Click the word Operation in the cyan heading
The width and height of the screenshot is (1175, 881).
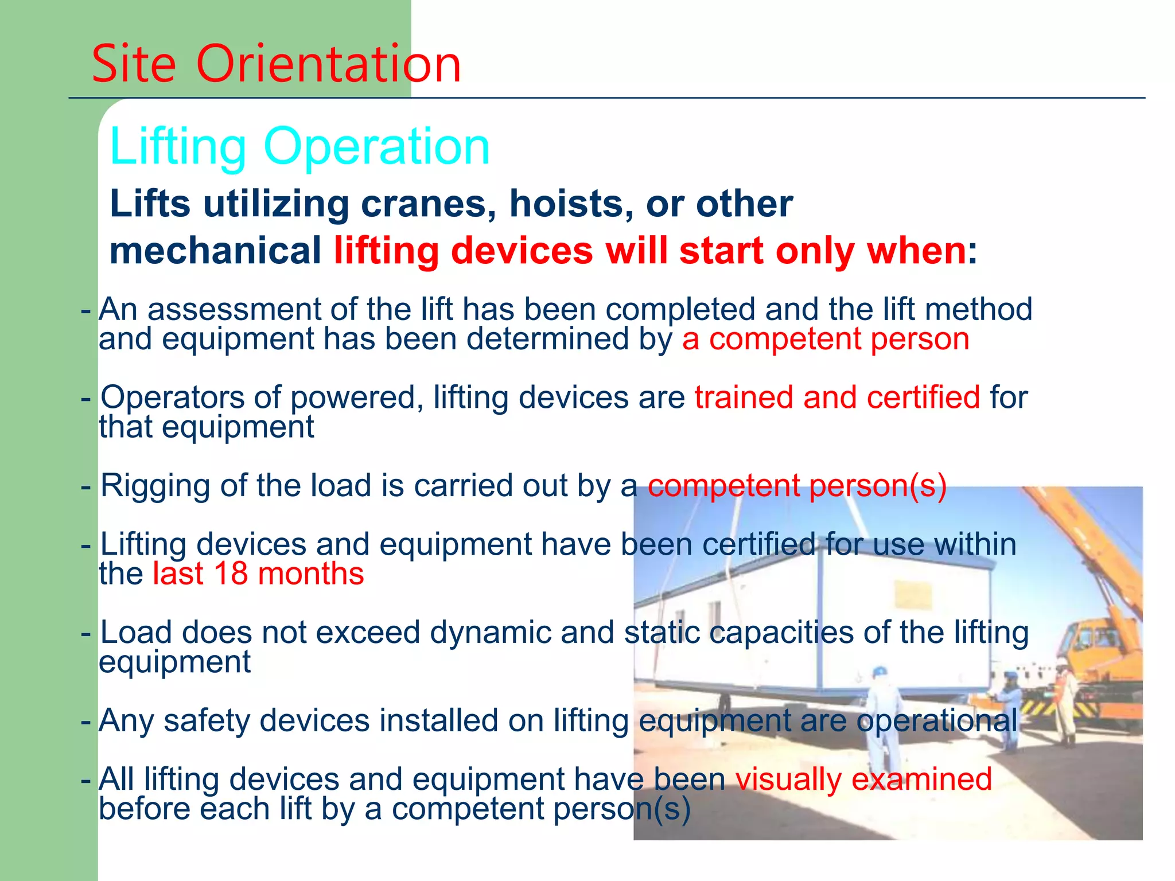(x=376, y=147)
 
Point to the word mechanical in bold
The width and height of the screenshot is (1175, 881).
(x=215, y=251)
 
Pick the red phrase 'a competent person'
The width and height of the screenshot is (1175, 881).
(x=826, y=339)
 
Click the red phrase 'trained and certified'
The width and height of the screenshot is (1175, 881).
(x=837, y=397)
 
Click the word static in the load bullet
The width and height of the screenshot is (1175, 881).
(x=662, y=632)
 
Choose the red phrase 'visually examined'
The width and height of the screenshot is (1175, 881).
(x=863, y=779)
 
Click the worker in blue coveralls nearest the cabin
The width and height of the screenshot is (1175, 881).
(x=882, y=723)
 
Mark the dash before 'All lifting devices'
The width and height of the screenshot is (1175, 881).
(x=86, y=780)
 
